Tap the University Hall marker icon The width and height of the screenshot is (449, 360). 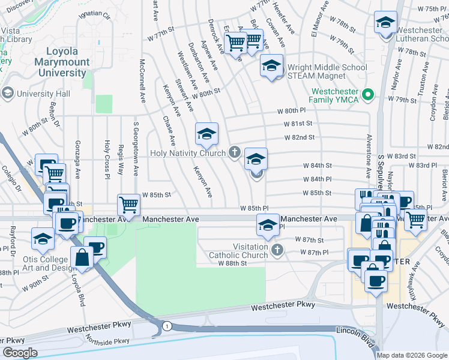pyautogui.click(x=8, y=94)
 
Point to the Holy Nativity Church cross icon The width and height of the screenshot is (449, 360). pyautogui.click(x=234, y=152)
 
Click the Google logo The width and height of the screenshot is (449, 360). pyautogui.click(x=20, y=352)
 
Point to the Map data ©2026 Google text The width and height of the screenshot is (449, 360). pyautogui.click(x=411, y=355)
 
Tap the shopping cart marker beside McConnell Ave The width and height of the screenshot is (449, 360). pyautogui.click(x=128, y=205)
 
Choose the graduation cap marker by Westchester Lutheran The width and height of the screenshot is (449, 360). pyautogui.click(x=384, y=23)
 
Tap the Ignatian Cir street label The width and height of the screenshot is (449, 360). pyautogui.click(x=98, y=12)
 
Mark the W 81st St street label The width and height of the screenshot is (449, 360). pyautogui.click(x=299, y=124)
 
